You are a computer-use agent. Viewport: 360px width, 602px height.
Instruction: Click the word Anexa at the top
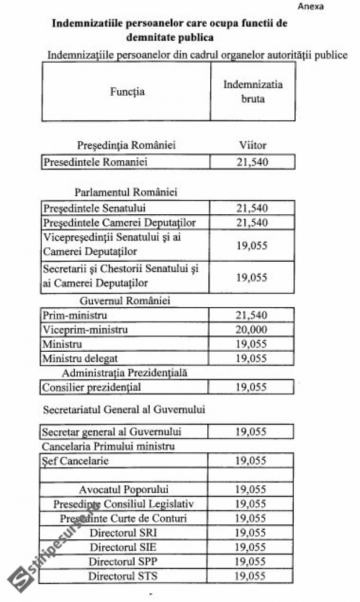point(310,6)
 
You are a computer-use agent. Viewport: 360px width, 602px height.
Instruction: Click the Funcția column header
point(127,92)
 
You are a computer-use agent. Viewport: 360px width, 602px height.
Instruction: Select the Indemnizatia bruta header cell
point(253,92)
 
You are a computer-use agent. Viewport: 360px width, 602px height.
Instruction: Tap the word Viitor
point(253,145)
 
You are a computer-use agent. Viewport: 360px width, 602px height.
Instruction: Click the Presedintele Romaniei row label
point(95,162)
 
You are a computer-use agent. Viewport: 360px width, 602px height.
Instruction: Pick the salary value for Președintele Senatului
point(252,208)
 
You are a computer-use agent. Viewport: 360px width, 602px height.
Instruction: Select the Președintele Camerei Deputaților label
point(119,223)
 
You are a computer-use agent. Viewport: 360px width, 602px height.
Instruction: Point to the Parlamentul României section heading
point(126,192)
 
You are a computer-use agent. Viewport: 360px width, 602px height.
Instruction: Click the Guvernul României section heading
point(124,301)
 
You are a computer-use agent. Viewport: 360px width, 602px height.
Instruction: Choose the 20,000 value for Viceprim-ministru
point(251,330)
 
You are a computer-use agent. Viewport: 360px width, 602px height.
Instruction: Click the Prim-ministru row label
point(75,315)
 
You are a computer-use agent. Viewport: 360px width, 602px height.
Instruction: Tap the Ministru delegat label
point(80,359)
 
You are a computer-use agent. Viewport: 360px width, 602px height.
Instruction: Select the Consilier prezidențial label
point(92,387)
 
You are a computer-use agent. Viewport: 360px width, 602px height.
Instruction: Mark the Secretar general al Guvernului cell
point(112,432)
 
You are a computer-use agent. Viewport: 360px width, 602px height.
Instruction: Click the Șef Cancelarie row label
point(75,461)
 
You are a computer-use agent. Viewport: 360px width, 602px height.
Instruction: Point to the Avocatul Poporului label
point(124,489)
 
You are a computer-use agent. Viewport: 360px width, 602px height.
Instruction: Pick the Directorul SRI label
point(123,532)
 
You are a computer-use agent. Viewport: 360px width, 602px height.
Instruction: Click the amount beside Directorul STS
point(250,576)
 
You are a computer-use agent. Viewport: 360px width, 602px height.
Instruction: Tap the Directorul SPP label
point(123,561)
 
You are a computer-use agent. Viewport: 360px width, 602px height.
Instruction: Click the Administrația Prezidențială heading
point(124,373)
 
